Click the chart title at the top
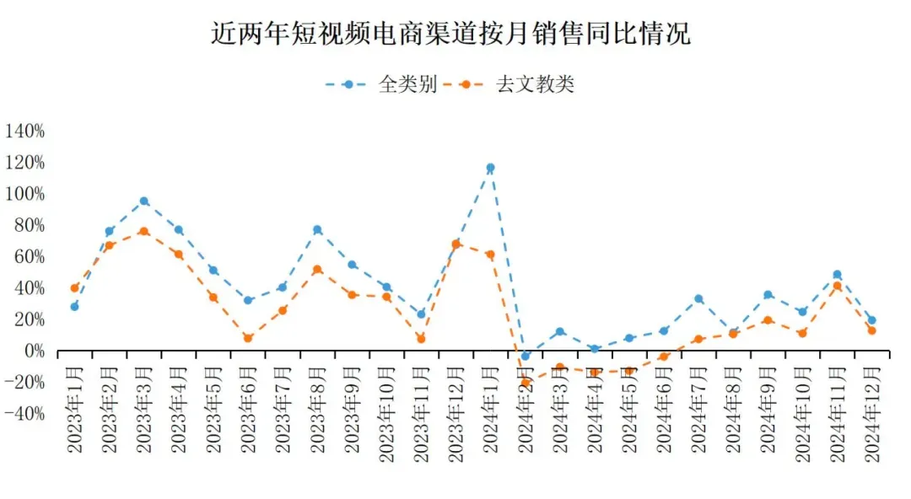450,34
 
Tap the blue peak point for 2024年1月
490,168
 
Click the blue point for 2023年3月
144,201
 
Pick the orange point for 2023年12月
455,244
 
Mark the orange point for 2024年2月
526,383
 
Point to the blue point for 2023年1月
74,307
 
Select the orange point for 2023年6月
248,338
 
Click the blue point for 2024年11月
837,275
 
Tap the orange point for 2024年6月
664,357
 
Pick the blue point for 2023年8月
317,229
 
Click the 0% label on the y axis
31,351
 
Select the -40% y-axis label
25,414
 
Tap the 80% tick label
29,225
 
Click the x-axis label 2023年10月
387,413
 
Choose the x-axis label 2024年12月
871,413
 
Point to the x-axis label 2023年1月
76,410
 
